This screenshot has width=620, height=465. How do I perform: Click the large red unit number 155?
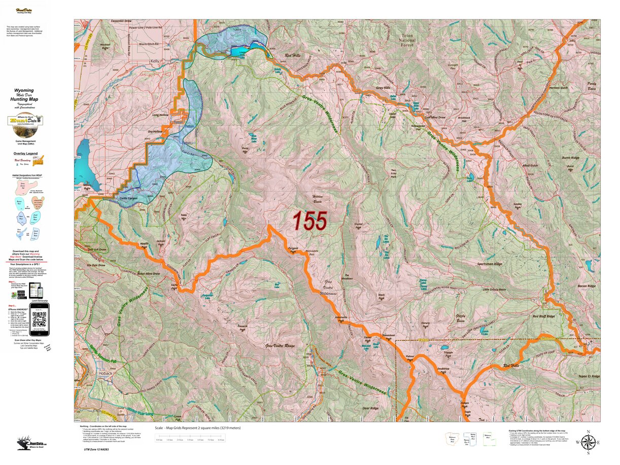click(309, 221)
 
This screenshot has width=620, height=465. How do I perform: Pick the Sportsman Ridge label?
click(489, 264)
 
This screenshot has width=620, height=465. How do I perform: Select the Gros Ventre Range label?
click(280, 346)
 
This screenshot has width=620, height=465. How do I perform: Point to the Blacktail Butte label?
click(106, 46)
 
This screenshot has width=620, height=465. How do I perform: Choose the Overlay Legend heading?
click(26, 153)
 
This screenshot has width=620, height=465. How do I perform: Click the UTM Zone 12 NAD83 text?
click(96, 449)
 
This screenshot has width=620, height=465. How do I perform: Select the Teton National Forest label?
click(407, 40)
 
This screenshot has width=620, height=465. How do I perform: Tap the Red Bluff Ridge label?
click(543, 316)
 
